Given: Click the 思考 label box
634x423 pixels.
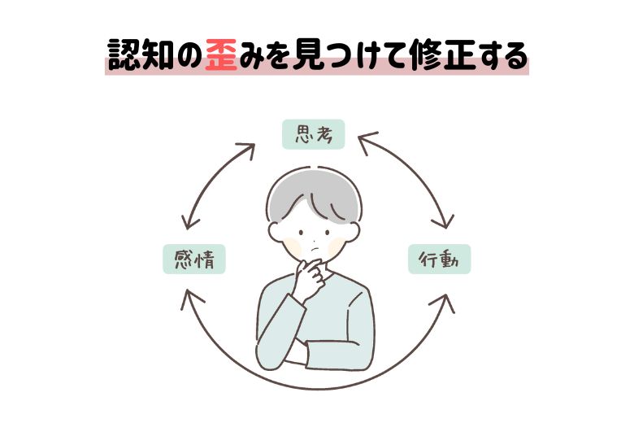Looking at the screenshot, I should [313, 134].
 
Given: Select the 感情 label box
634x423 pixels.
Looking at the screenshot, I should [193, 259].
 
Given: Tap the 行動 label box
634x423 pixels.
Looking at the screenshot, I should [439, 259].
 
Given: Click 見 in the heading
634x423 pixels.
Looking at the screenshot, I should [314, 56].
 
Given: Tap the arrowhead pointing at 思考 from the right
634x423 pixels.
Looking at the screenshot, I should [363, 140].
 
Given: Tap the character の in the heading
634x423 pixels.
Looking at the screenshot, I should [185, 56].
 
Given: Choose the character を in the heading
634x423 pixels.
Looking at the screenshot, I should [280, 56].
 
